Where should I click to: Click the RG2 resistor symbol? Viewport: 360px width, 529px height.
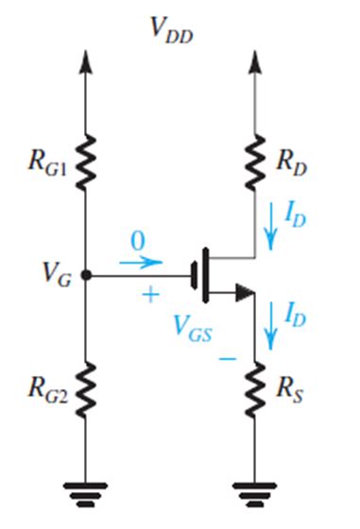click(86, 384)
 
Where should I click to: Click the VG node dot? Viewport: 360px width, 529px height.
click(86, 276)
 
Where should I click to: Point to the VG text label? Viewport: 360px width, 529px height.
click(53, 276)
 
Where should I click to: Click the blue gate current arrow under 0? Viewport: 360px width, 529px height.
click(141, 262)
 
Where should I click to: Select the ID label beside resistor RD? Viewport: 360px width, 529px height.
click(296, 218)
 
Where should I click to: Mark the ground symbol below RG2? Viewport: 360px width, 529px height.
click(86, 490)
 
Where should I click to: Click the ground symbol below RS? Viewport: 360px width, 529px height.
click(253, 490)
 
